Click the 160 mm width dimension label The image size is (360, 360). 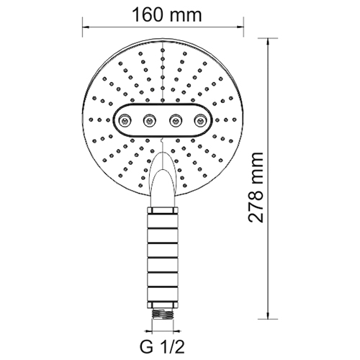[167, 15]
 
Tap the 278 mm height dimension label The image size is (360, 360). [256, 187]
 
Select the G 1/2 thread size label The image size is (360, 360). [163, 347]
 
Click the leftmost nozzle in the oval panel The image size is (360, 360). [124, 120]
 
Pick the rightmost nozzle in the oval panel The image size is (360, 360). [200, 120]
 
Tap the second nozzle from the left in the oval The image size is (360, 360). [149, 120]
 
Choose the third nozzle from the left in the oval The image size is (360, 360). [175, 120]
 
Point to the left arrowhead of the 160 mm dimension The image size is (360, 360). [86, 27]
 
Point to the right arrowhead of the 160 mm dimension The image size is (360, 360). [240, 27]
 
